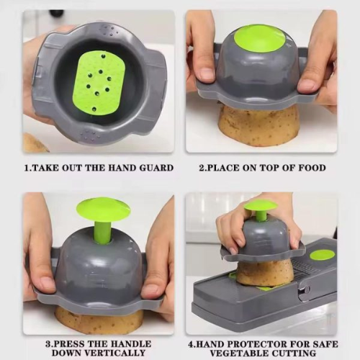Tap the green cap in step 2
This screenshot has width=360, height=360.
point(259,38)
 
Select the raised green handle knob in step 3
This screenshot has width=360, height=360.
point(103,209)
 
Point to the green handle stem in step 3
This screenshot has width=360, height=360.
point(103,232)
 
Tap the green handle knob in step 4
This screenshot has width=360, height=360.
point(260,206)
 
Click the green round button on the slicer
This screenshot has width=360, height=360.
point(322,254)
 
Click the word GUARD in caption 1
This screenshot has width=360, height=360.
point(153,168)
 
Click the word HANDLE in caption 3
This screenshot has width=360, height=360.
point(120,343)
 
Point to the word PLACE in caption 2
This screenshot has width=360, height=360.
point(226,168)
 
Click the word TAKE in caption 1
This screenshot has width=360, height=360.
point(48,168)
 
